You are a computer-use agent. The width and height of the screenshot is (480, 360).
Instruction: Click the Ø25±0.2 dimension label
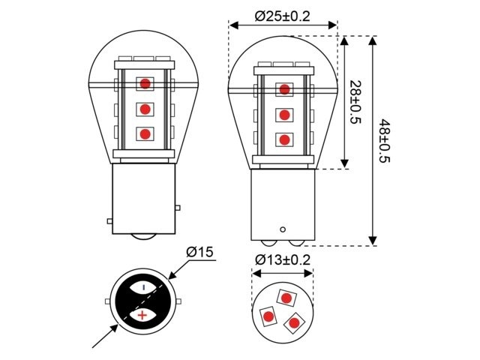(283, 15)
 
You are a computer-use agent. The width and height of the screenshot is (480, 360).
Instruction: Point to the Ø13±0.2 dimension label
(283, 259)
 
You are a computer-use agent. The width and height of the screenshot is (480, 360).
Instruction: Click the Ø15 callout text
(199, 252)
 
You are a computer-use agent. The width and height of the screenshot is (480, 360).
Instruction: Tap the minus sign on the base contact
(142, 286)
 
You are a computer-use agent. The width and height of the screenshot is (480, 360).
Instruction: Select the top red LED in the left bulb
(144, 83)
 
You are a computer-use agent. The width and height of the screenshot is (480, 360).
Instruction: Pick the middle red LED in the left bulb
(144, 109)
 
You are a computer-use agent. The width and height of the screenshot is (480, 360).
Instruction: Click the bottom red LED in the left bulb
(144, 134)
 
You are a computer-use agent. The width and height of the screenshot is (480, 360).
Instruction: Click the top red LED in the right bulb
(284, 90)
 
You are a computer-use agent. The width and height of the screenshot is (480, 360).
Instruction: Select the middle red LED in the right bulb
(284, 115)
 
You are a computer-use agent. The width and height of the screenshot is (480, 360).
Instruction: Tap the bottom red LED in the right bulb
(284, 139)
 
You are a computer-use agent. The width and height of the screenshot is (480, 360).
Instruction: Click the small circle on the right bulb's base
(283, 229)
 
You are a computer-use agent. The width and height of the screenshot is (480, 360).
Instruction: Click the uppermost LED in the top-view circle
(285, 297)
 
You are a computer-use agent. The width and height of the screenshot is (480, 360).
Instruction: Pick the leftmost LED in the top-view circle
(267, 316)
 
